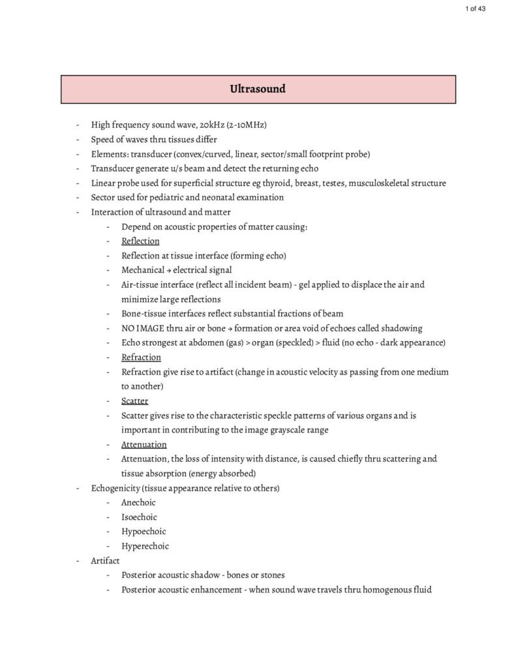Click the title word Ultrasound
click(x=258, y=89)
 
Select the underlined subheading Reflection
click(x=140, y=241)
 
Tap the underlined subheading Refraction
click(x=141, y=357)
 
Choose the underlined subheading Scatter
click(x=134, y=401)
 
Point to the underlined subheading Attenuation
click(x=144, y=444)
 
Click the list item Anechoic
click(x=138, y=502)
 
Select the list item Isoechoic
click(x=139, y=517)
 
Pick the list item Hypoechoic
click(x=144, y=531)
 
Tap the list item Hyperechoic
click(x=145, y=546)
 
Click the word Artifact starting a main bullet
click(x=105, y=560)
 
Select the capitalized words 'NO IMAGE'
click(x=143, y=328)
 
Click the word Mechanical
click(x=143, y=270)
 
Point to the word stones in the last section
click(x=272, y=575)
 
